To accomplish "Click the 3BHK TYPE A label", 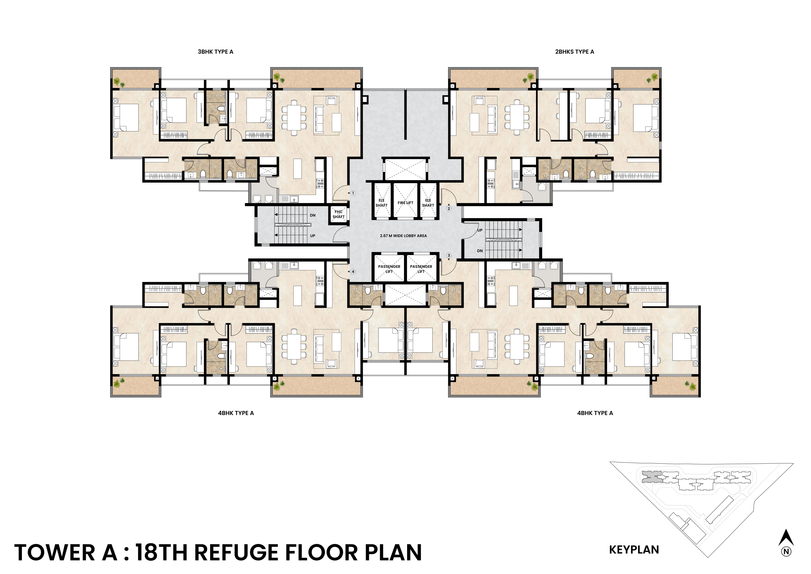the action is (215, 52).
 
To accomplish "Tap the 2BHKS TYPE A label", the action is (575, 52).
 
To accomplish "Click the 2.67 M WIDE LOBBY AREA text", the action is (403, 236).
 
